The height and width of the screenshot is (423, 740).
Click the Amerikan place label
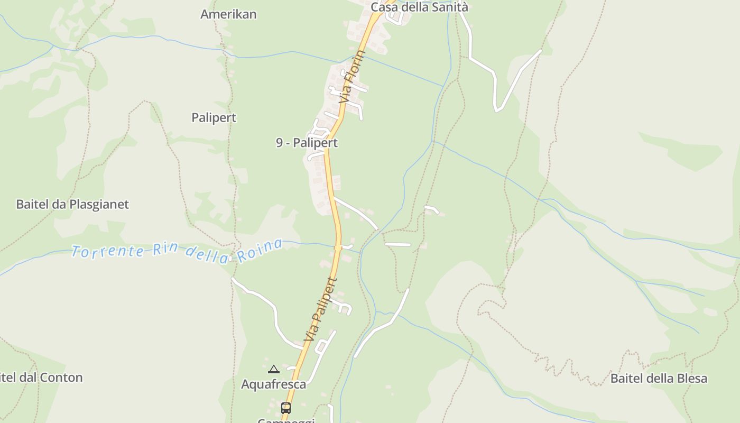point(228,14)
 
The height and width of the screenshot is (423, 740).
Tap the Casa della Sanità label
point(419,7)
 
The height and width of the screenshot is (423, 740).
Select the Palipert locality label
point(214,117)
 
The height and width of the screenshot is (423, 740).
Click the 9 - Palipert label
point(307,142)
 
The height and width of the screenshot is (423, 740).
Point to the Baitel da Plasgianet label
point(72,204)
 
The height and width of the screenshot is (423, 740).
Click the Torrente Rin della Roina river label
point(177,251)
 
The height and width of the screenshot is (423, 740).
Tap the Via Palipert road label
point(320,309)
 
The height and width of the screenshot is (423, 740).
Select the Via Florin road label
point(353,77)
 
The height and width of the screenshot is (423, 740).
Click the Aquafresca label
point(273,384)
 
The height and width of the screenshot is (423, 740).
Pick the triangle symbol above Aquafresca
point(273,369)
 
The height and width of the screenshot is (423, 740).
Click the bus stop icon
point(286,408)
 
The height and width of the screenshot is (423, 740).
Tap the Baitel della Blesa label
point(659,378)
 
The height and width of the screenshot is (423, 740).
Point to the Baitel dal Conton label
point(41,378)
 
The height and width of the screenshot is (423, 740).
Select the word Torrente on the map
point(108,251)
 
